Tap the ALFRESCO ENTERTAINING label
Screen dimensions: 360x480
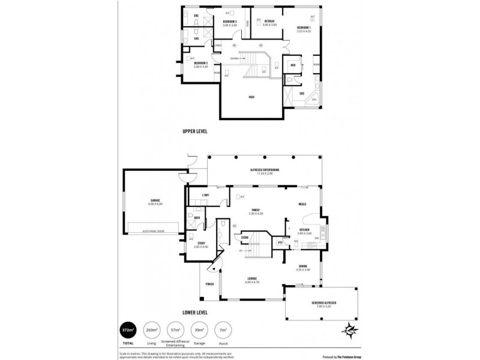[x=265, y=170]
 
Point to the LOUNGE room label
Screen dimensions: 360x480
[x=253, y=278]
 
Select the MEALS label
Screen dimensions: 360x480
[x=302, y=204]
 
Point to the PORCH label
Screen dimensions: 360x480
[x=210, y=284]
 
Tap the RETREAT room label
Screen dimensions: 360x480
[x=269, y=22]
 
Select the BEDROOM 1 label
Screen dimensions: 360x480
[x=304, y=28]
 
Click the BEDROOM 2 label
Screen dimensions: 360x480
[x=200, y=63]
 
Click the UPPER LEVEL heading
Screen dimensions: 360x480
[x=196, y=130]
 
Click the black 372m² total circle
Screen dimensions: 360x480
[x=128, y=329]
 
